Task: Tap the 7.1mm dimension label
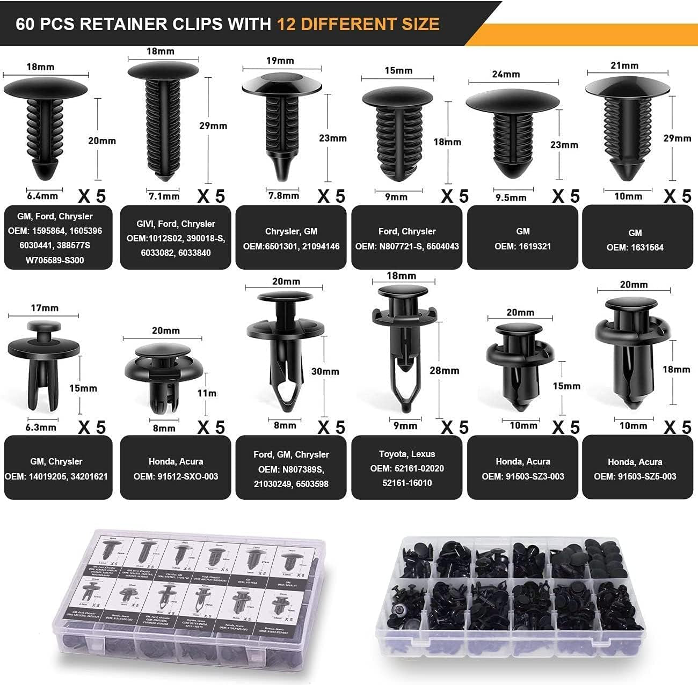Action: [x=164, y=196]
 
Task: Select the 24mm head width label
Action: [x=506, y=74]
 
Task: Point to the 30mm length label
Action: [x=325, y=371]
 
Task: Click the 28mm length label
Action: [x=444, y=370]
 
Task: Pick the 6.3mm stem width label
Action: [x=41, y=427]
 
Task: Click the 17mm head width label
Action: [x=45, y=308]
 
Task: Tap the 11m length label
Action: [x=207, y=393]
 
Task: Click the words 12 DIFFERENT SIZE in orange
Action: [x=358, y=24]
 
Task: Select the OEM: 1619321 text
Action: [x=522, y=246]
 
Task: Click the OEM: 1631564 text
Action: [x=635, y=247]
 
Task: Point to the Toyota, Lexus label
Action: [x=406, y=454]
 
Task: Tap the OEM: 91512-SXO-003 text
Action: [x=176, y=476]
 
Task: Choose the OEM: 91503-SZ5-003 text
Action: [x=635, y=476]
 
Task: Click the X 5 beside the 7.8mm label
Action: [x=331, y=196]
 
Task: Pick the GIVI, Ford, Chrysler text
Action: [x=176, y=224]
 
